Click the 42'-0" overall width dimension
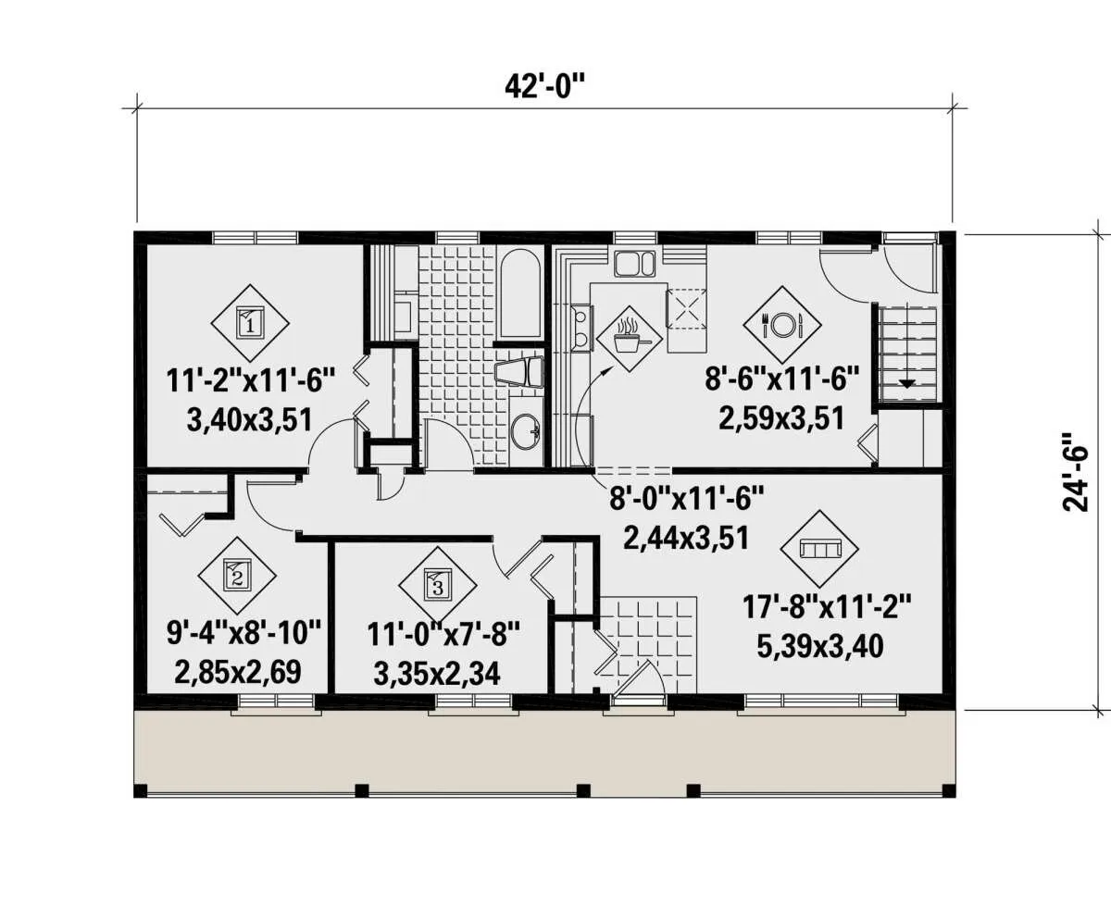click(x=544, y=86)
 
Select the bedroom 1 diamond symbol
click(x=250, y=323)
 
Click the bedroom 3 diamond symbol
click(x=437, y=585)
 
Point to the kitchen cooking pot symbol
click(x=630, y=340)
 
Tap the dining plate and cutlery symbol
click(x=781, y=325)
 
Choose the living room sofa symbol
click(x=819, y=549)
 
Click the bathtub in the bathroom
click(x=520, y=294)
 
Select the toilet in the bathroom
click(x=520, y=372)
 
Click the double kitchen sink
click(x=634, y=264)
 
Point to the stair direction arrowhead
click(x=906, y=384)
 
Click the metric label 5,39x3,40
click(x=820, y=647)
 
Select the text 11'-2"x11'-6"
click(x=251, y=380)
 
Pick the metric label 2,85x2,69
click(x=238, y=672)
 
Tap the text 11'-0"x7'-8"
click(x=443, y=634)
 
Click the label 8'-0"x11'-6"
click(x=686, y=498)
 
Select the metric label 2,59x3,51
click(x=781, y=418)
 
